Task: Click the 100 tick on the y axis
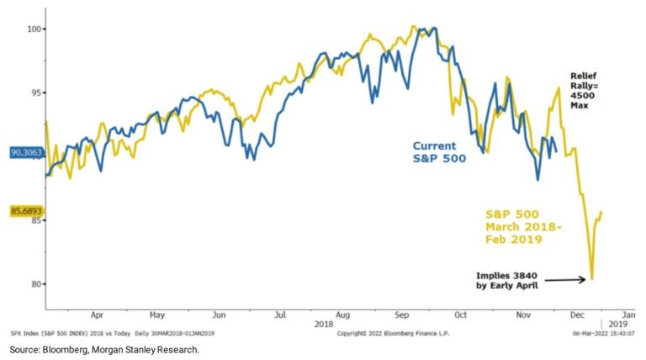pyautogui.click(x=34, y=29)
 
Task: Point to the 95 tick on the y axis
pyautogui.click(x=35, y=93)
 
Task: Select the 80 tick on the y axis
pyautogui.click(x=35, y=283)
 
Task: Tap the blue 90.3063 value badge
pyautogui.click(x=26, y=153)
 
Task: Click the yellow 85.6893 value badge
pyautogui.click(x=26, y=212)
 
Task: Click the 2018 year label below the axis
pyautogui.click(x=322, y=324)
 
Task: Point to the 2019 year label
pyautogui.click(x=619, y=324)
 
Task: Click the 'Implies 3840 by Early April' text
pyautogui.click(x=505, y=279)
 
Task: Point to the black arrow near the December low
pyautogui.click(x=564, y=279)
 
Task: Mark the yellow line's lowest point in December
pyautogui.click(x=592, y=279)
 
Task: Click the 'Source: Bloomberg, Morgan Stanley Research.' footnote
pyautogui.click(x=104, y=349)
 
